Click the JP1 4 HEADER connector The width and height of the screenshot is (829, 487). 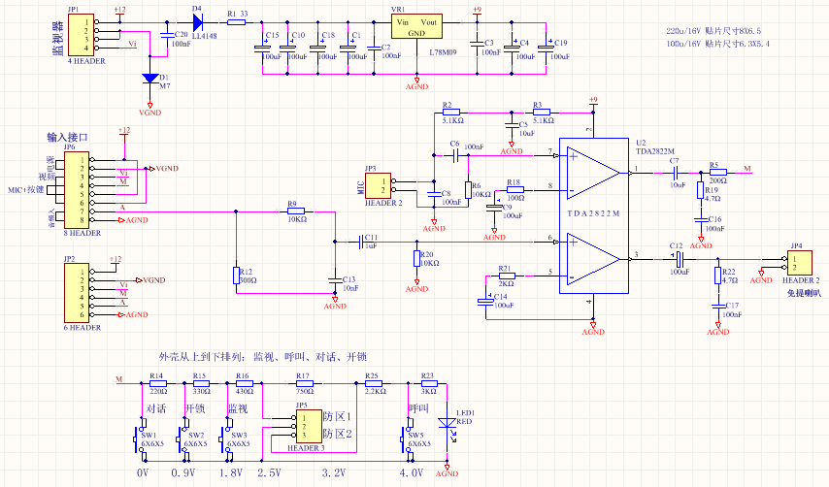(x=81, y=34)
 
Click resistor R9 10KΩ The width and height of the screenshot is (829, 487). (x=295, y=211)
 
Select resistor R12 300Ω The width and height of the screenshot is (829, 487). (x=236, y=276)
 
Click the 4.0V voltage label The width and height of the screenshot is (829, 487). (x=412, y=472)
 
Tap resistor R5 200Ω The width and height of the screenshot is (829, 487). (x=717, y=173)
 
